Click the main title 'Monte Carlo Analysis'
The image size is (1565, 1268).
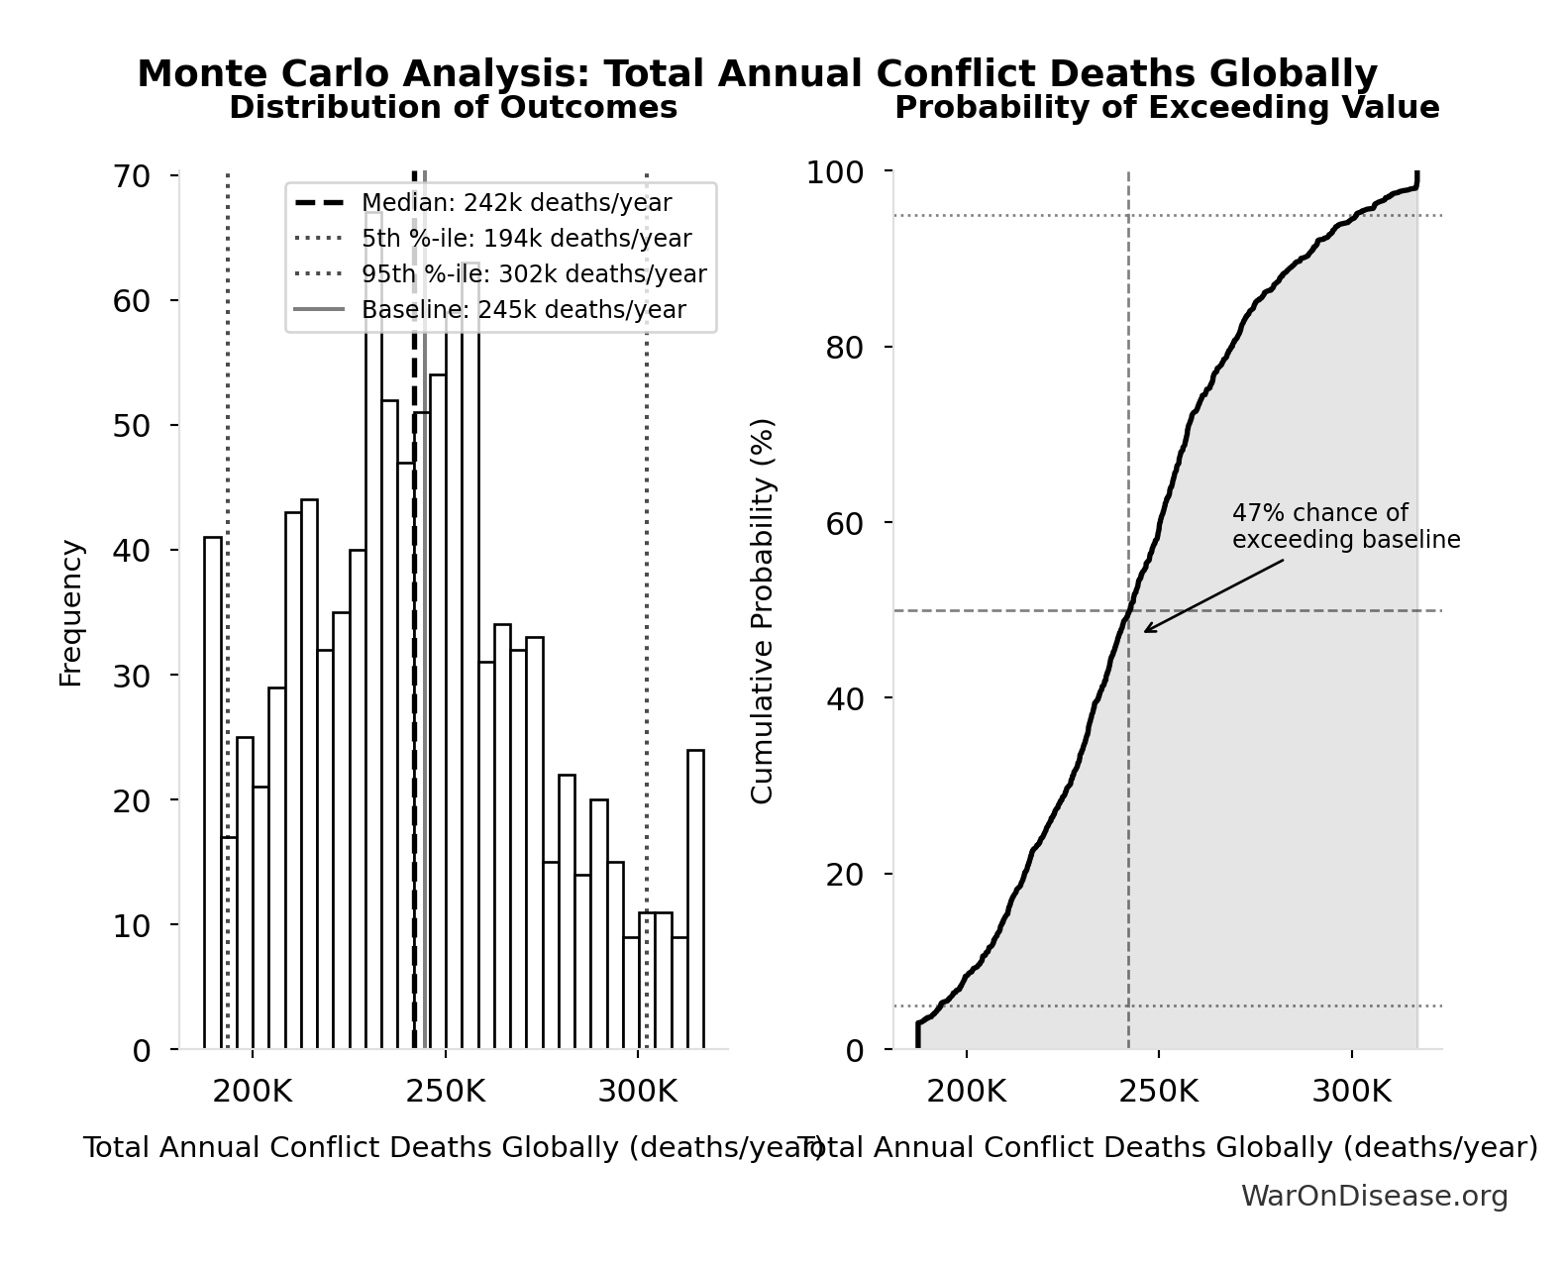pos(757,74)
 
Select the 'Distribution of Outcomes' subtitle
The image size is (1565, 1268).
pos(454,107)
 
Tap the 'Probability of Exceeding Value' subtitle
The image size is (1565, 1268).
pos(1167,107)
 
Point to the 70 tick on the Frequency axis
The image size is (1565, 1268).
pos(131,176)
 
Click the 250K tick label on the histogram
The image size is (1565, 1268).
pos(445,1092)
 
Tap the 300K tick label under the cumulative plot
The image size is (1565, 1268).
pos(1351,1092)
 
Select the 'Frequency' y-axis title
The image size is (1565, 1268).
pos(70,612)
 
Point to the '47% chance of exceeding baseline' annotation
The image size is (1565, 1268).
pos(1345,526)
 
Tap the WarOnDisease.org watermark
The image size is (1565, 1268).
pos(1374,1197)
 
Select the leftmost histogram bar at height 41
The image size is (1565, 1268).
pos(213,792)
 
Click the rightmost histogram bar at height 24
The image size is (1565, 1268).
pos(696,899)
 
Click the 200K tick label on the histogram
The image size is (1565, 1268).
pos(252,1092)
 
